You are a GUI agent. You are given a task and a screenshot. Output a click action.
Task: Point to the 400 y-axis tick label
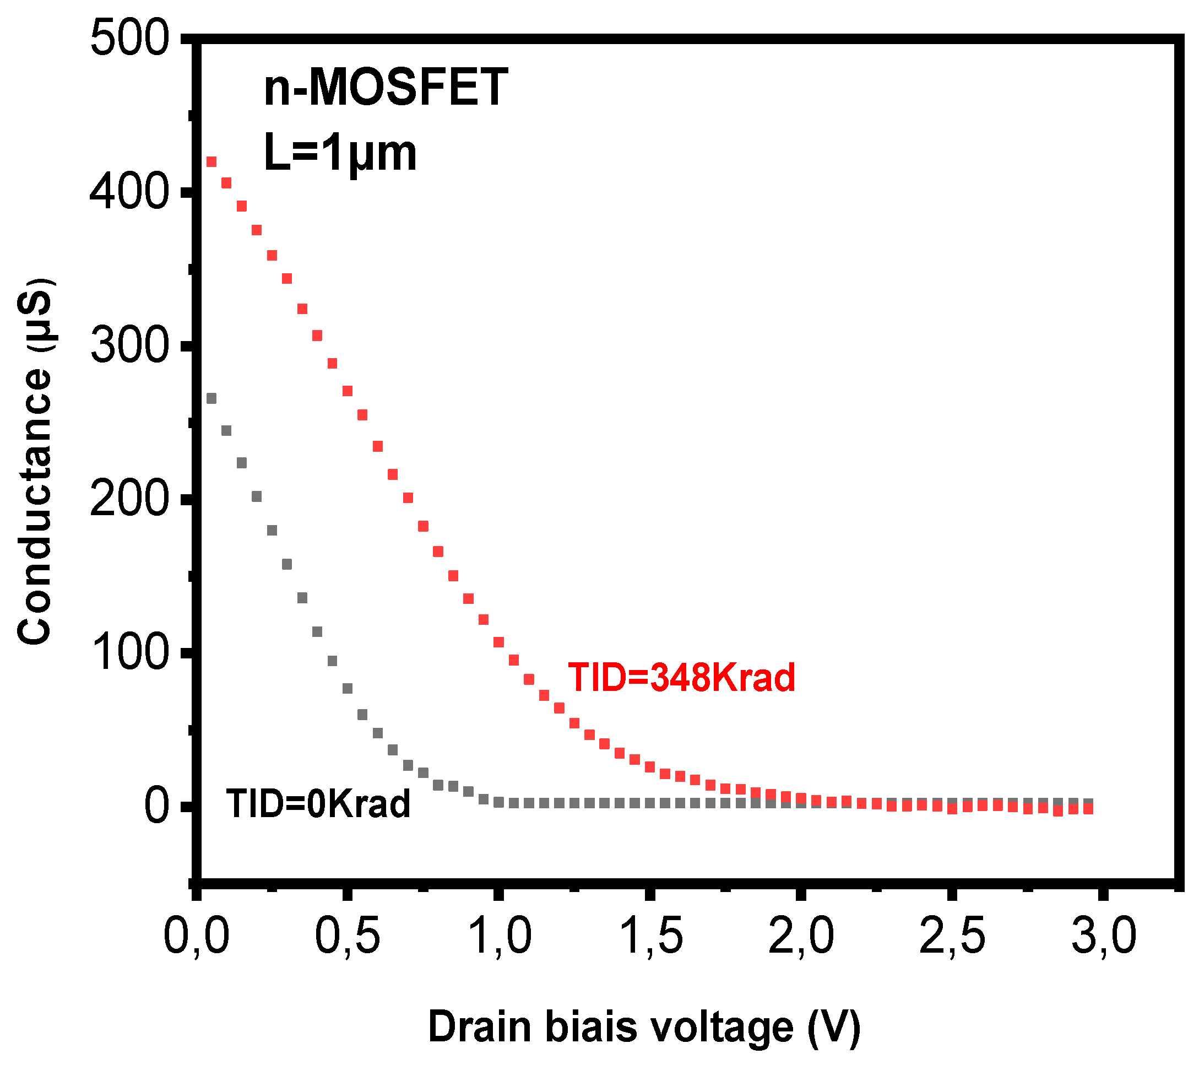coord(130,193)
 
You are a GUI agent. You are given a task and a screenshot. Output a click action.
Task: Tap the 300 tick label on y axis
coord(130,347)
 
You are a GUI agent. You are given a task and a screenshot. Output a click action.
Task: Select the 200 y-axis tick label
coord(130,500)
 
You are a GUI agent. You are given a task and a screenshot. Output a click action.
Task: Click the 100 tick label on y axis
coord(130,654)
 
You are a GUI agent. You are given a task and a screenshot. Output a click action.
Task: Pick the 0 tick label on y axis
coord(158,807)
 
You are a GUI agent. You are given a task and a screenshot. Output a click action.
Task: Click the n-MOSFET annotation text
coord(386,87)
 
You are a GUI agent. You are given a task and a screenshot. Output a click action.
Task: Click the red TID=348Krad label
coord(681,677)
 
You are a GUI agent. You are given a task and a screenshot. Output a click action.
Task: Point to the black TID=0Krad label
coord(318,804)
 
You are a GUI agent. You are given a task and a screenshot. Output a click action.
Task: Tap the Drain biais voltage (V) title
coord(644,1028)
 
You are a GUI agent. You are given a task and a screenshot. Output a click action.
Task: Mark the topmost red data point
coord(211,161)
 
